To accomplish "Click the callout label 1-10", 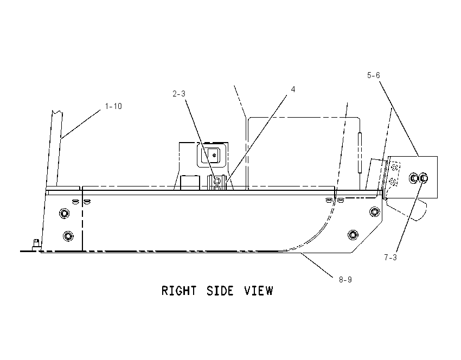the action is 113,106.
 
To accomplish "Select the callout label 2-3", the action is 179,94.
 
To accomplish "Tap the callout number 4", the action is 293,89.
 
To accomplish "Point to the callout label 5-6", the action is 373,75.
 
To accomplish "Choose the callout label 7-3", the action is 390,258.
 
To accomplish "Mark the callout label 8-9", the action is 345,279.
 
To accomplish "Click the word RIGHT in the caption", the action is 179,291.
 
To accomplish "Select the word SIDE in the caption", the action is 220,291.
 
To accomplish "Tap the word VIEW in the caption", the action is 259,291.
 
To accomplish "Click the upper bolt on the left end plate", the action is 64,213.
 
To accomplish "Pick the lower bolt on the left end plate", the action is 68,236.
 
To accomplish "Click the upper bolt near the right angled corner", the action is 375,211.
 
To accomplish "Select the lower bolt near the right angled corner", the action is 353,235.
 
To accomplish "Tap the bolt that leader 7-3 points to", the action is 424,178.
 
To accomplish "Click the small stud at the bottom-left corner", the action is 36,244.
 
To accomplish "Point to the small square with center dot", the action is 214,153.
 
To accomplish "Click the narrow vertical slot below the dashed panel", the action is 360,153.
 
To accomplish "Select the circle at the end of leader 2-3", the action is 217,180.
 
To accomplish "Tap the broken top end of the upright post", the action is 57,112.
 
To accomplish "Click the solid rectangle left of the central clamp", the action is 190,183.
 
